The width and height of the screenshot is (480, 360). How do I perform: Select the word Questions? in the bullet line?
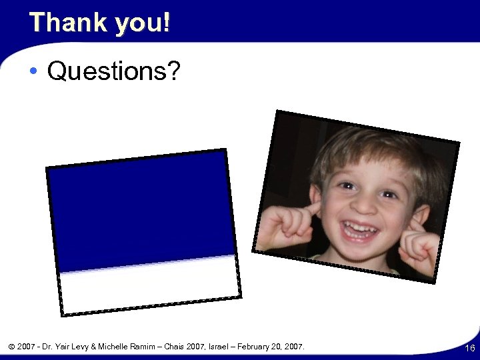coord(114,71)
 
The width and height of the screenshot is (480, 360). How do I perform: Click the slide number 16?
coord(469,348)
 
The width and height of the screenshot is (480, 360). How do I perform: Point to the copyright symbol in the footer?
coord(11,347)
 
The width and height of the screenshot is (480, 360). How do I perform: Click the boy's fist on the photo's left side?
coord(283,225)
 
